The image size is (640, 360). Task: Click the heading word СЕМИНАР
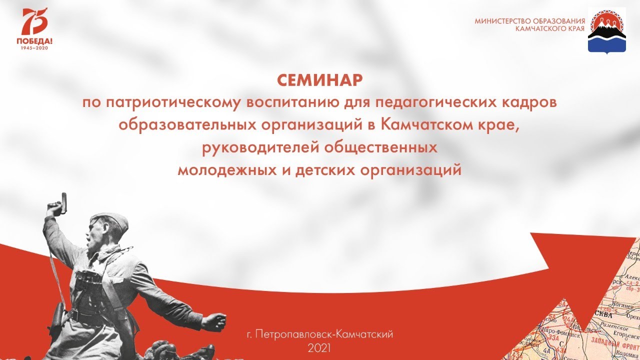(319, 80)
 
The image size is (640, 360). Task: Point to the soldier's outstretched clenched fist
(217, 320)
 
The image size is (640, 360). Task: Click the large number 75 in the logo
(34, 22)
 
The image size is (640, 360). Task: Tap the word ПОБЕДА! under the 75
(34, 40)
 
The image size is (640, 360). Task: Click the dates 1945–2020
(34, 48)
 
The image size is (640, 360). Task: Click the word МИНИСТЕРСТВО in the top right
(503, 21)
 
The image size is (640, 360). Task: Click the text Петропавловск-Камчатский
(324, 334)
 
